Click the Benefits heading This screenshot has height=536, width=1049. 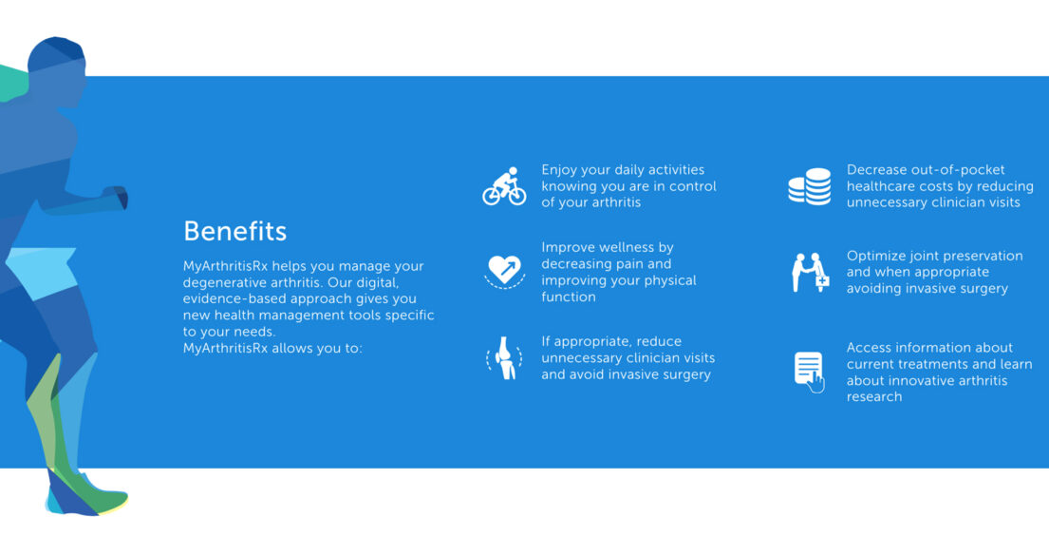point(234,231)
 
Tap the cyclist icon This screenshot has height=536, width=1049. point(504,186)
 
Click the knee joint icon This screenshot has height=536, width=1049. point(504,358)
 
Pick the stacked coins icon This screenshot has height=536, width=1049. point(810,186)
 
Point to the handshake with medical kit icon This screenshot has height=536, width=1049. point(811,272)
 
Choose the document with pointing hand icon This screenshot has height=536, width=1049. point(810,372)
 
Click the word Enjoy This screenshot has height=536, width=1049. point(561,170)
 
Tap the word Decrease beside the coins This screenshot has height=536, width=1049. point(877,169)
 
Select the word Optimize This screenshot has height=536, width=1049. point(874,256)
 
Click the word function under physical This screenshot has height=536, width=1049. point(569,297)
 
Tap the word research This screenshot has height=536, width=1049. point(874,396)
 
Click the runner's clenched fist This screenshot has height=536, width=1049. point(115,198)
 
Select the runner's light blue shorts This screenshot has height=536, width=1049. point(42,272)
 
